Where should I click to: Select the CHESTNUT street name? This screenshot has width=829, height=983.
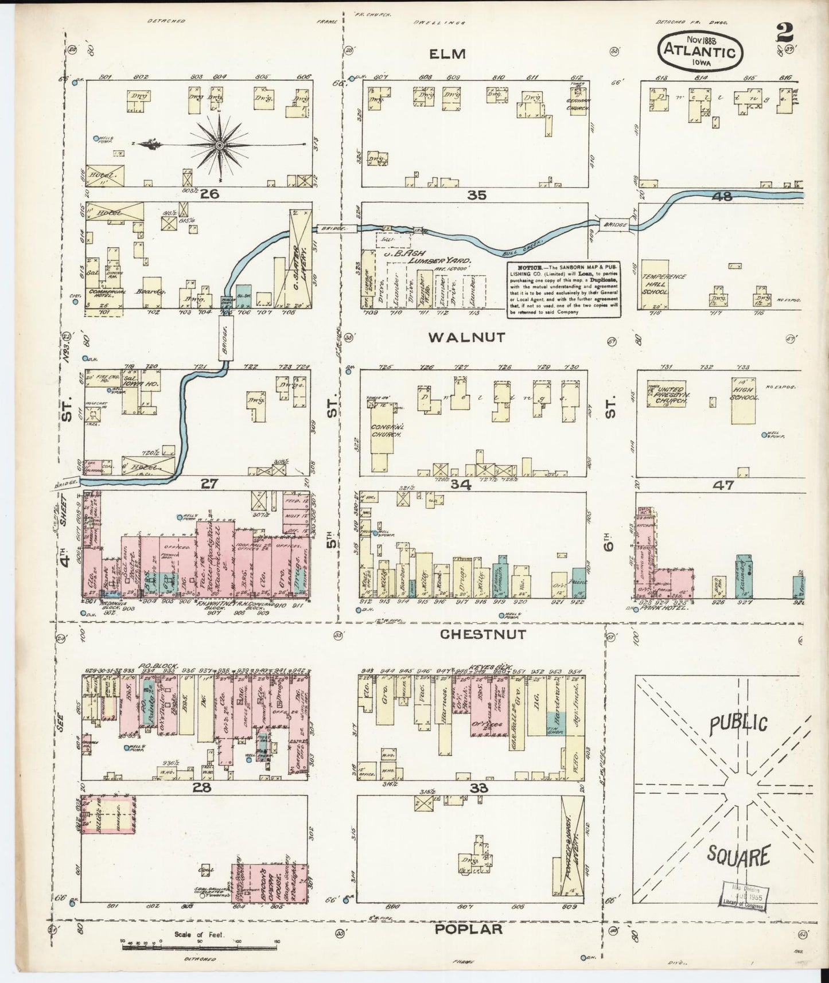[x=483, y=634]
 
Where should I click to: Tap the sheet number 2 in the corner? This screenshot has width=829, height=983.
[x=784, y=33]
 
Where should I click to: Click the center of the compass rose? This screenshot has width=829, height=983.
[x=219, y=146]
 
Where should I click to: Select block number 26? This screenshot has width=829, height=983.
[x=209, y=194]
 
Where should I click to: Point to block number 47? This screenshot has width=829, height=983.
[x=723, y=485]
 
